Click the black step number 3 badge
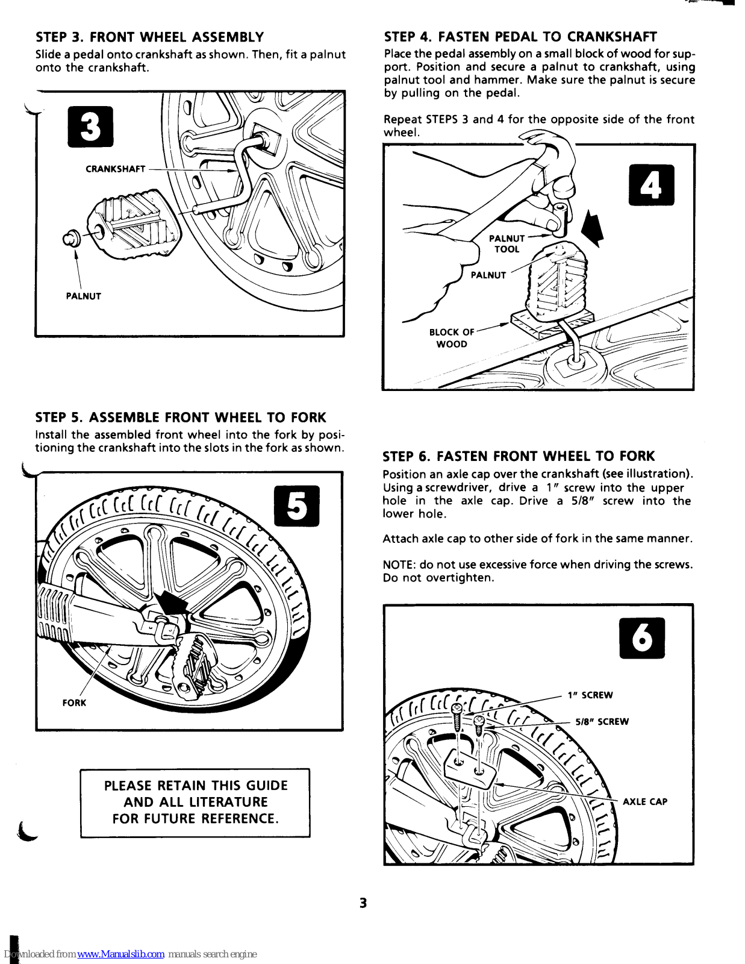(90, 127)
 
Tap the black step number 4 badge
(651, 185)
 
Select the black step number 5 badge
(297, 505)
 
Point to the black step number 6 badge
(642, 638)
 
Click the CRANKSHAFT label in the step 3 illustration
(115, 169)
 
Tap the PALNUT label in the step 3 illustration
(83, 296)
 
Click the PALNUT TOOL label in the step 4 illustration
(507, 244)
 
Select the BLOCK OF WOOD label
(452, 338)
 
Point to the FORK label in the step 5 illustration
(74, 703)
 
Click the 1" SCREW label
(590, 695)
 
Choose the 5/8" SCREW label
(602, 722)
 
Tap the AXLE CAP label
(645, 802)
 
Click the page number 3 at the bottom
(363, 903)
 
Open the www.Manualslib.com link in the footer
(120, 954)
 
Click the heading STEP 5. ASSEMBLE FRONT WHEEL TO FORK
(181, 418)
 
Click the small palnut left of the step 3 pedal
(71, 239)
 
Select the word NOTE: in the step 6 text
(399, 565)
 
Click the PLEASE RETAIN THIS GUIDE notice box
(195, 803)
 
